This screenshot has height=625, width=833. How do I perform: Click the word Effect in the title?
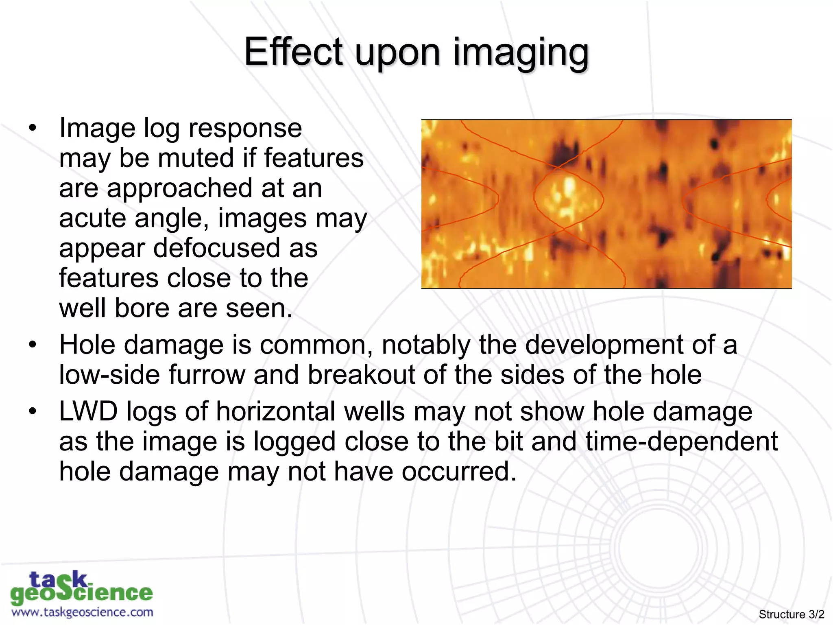[293, 52]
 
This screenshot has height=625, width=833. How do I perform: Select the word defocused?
[216, 248]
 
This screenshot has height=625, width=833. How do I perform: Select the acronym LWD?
[88, 411]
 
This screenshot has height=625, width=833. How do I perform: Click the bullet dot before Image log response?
[33, 129]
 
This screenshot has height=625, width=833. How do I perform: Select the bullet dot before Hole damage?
[33, 345]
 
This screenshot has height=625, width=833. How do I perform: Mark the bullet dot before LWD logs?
[33, 411]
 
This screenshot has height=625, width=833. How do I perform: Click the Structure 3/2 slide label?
[791, 614]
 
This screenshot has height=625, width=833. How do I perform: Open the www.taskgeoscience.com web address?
[82, 612]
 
